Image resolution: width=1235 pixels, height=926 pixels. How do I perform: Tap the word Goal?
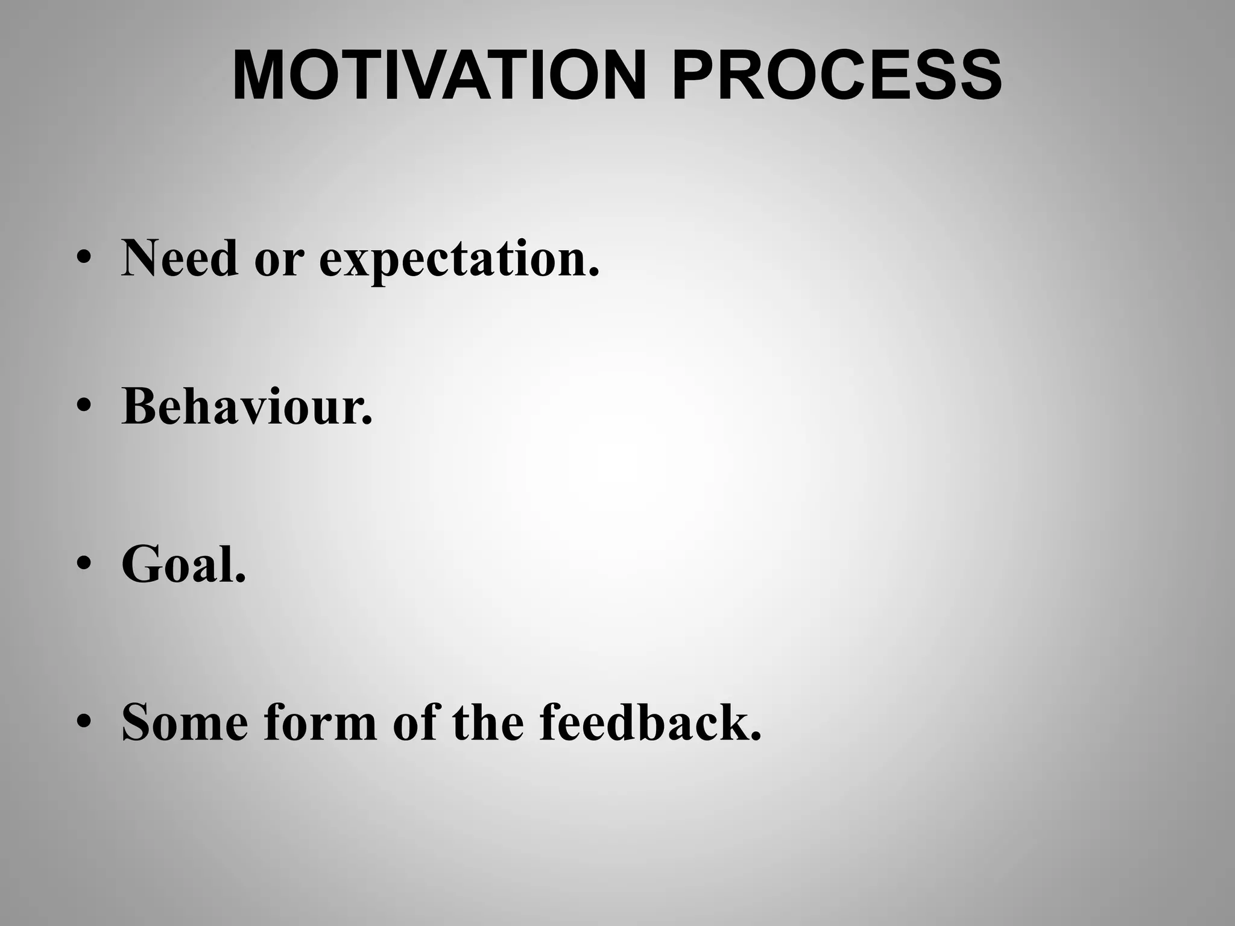(178, 564)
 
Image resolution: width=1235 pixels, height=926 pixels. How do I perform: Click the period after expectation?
(594, 274)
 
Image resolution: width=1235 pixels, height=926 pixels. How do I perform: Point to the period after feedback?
(756, 737)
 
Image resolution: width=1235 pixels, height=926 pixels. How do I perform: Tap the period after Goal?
(241, 579)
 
